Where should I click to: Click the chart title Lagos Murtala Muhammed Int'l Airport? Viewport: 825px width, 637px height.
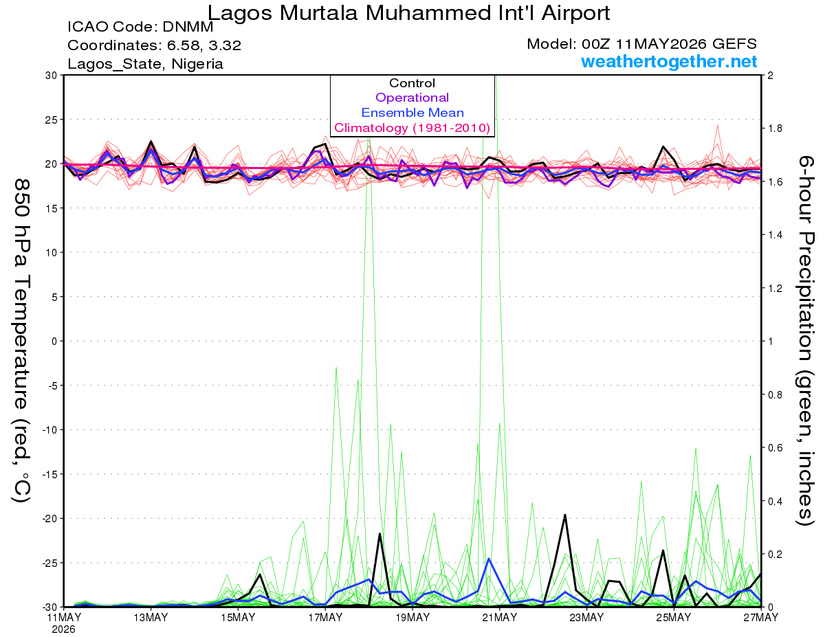click(x=408, y=13)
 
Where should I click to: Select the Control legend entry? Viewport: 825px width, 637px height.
click(x=412, y=83)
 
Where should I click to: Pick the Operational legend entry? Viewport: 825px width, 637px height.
click(x=412, y=98)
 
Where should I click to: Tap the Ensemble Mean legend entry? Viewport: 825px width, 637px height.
click(x=412, y=113)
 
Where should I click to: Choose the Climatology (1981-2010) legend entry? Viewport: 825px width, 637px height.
click(x=412, y=128)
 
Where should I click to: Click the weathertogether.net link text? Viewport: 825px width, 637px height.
click(x=669, y=61)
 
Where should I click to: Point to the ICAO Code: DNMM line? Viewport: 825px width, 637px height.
click(x=140, y=27)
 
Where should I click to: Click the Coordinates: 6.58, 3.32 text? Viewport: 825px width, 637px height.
click(x=154, y=45)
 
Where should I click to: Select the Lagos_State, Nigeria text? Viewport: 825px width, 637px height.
click(x=146, y=64)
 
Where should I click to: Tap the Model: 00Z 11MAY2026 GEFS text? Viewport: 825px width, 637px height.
click(x=641, y=44)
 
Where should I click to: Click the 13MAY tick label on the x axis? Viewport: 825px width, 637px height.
click(x=151, y=618)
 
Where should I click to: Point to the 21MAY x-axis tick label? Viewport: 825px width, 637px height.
click(x=499, y=618)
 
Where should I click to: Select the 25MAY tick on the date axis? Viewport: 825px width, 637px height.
click(x=674, y=618)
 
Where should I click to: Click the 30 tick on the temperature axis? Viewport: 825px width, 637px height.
click(x=51, y=76)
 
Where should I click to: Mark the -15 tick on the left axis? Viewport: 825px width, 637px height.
click(x=49, y=474)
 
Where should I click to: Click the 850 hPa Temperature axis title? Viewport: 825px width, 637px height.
click(x=21, y=341)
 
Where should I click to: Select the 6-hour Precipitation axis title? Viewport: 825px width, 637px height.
click(x=805, y=341)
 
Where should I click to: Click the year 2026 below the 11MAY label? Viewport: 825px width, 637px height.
click(x=63, y=630)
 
